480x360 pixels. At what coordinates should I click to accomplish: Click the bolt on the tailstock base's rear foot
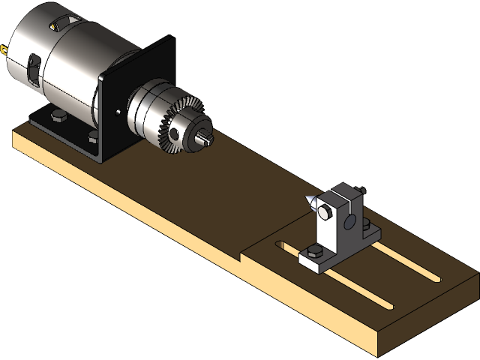367,224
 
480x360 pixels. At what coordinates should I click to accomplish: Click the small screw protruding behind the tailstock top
361,189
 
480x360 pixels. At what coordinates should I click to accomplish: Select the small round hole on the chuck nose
176,133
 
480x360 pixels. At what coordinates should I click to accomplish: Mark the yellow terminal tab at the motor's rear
6,52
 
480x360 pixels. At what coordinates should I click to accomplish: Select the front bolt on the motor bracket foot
92,138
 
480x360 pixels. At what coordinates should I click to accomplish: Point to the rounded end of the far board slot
435,278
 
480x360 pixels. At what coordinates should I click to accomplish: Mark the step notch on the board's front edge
241,256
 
